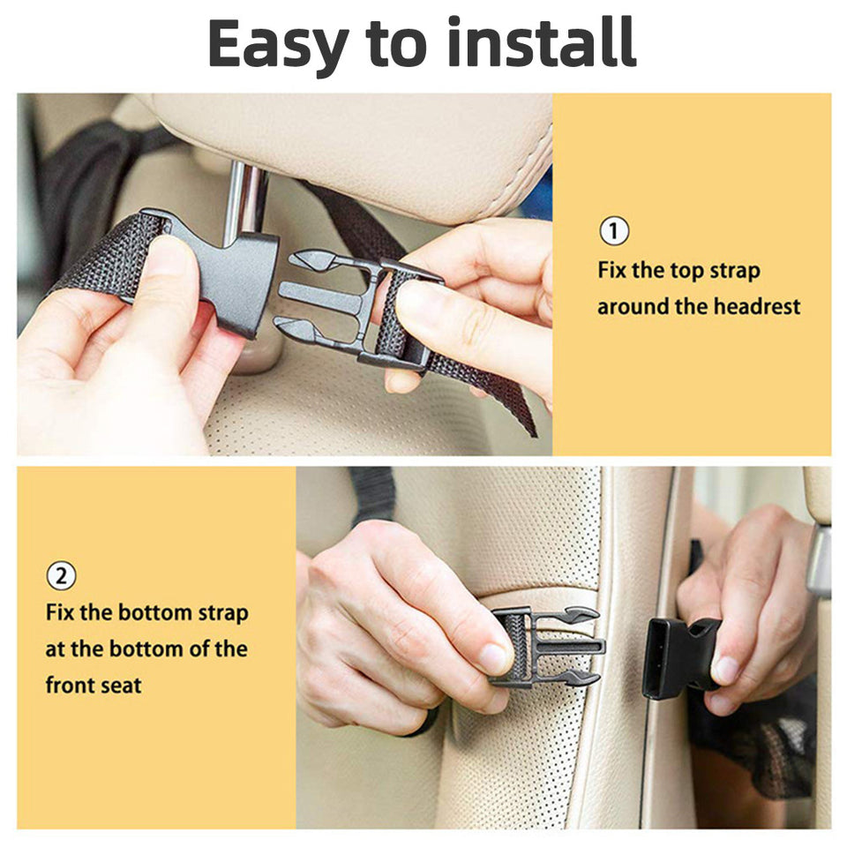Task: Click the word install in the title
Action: coord(542,42)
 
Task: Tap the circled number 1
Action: coord(614,232)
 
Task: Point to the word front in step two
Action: coord(71,685)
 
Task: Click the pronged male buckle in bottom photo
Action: coord(547,647)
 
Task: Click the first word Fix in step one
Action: coord(611,270)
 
